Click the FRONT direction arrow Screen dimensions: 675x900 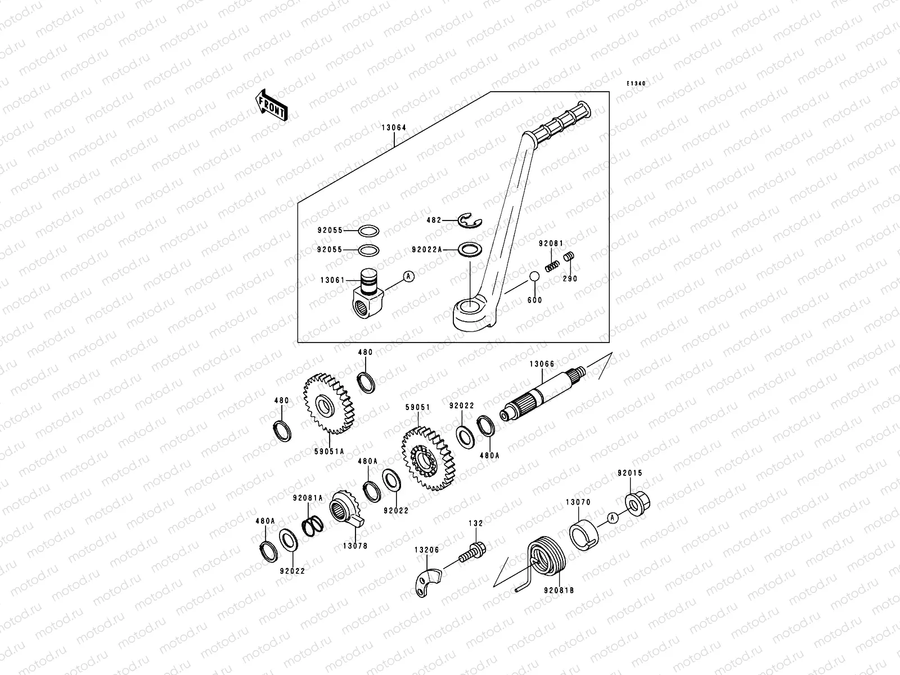[272, 105]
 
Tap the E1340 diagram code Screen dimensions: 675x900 [637, 83]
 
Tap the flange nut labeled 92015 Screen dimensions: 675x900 [637, 504]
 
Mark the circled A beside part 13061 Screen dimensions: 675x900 [408, 276]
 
